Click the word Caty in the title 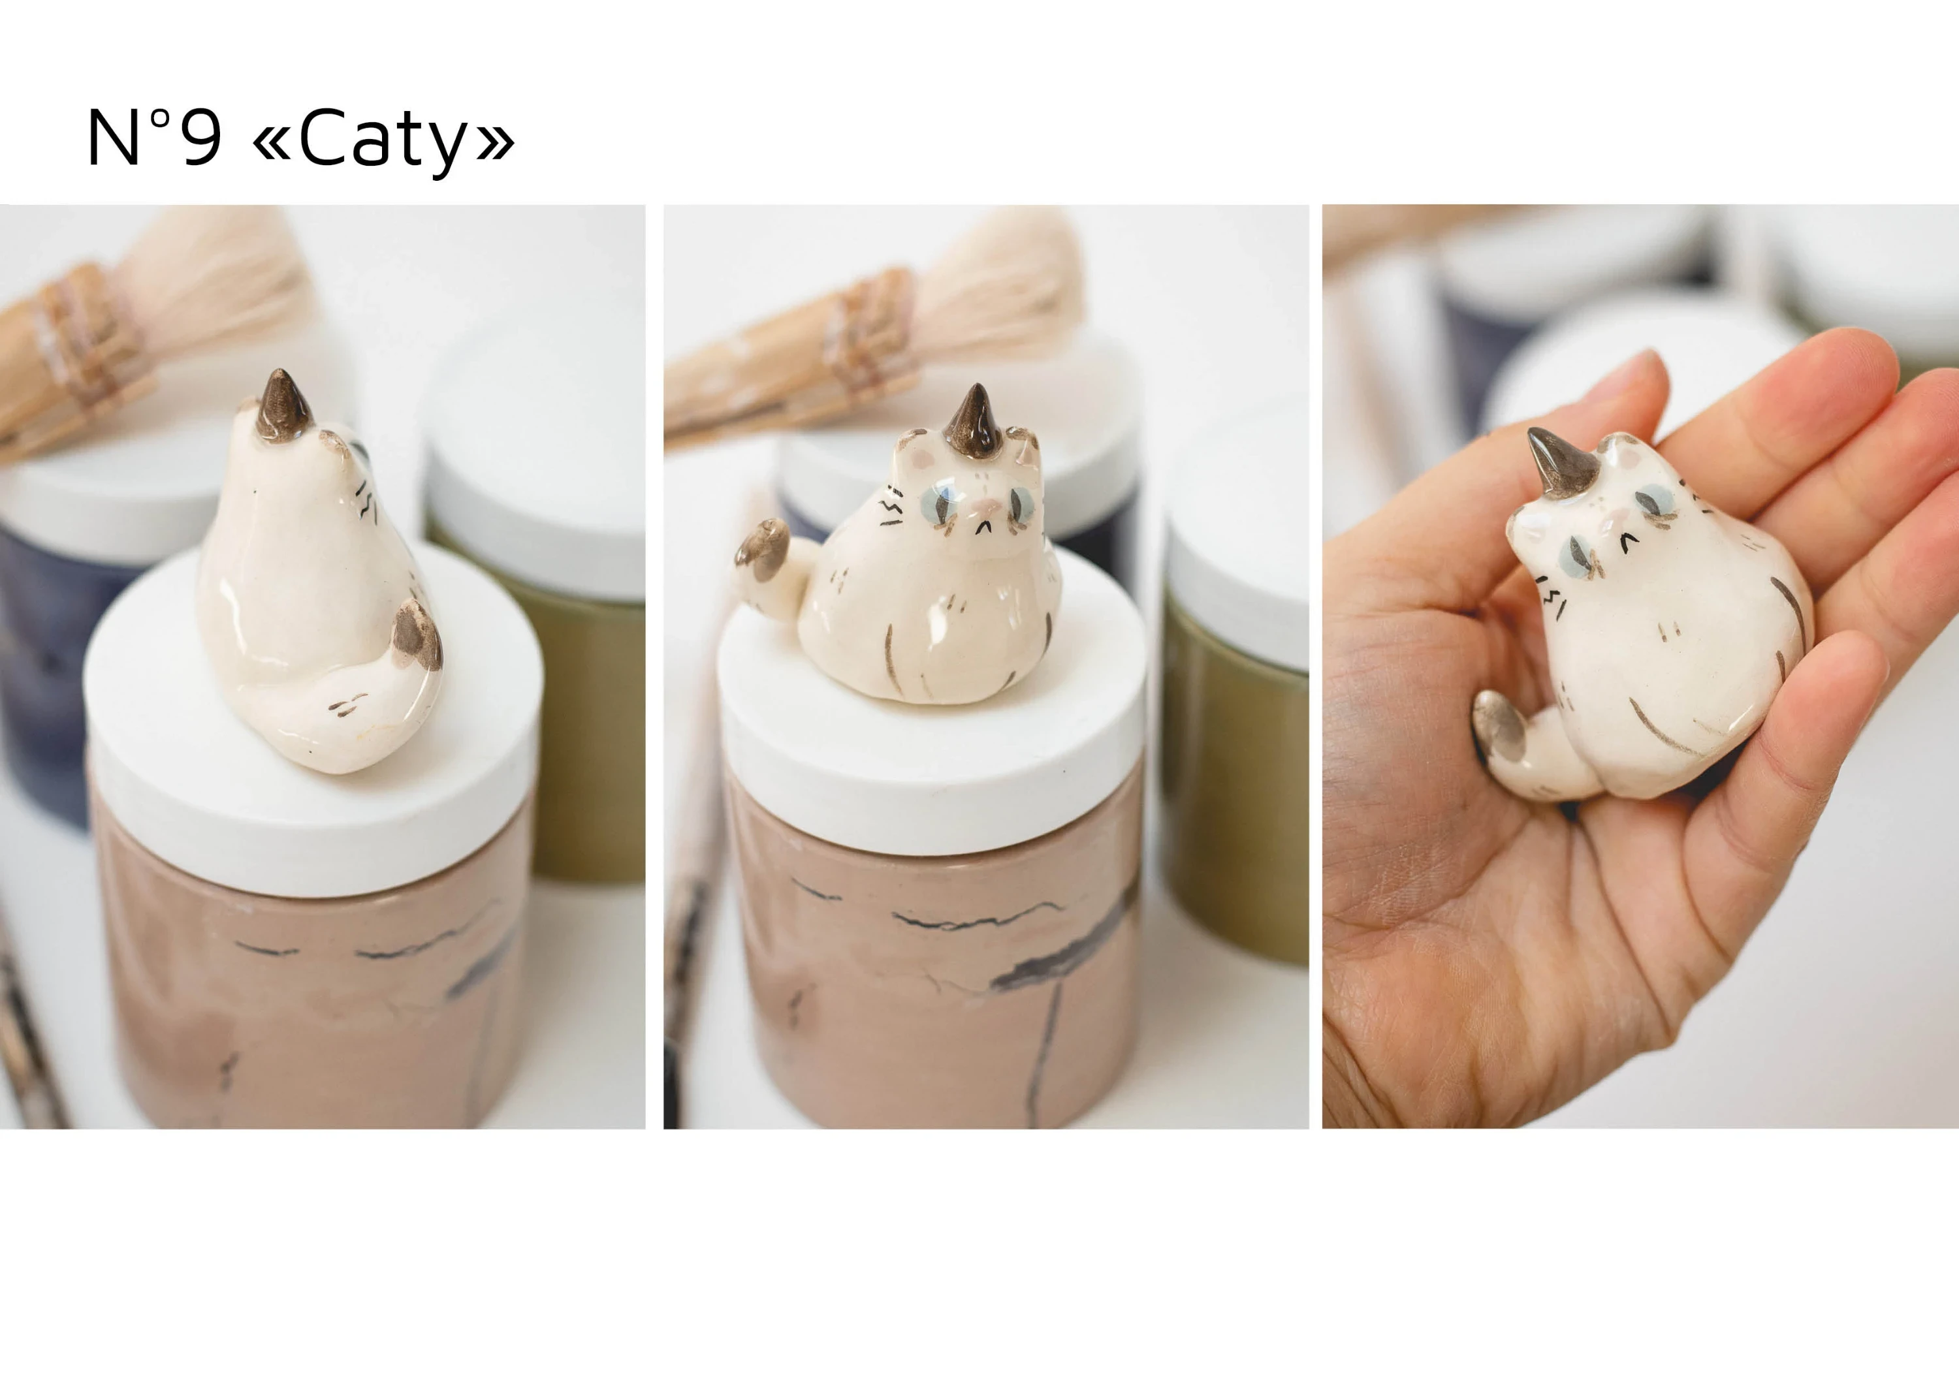click(382, 140)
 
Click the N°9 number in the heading click(154, 137)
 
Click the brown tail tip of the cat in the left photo click(417, 634)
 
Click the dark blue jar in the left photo click(42, 665)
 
